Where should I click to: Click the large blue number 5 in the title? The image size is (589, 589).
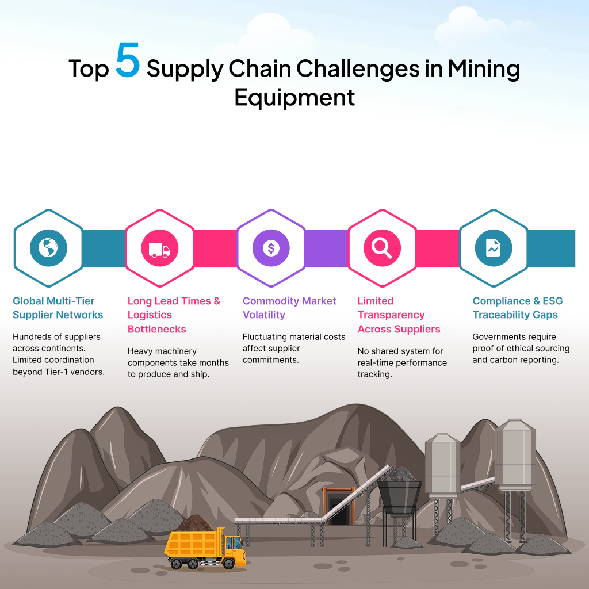tap(127, 62)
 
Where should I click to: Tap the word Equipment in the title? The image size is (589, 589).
tap(294, 97)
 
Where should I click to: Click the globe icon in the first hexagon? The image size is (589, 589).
tap(48, 248)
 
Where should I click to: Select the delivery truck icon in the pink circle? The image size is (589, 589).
tap(159, 248)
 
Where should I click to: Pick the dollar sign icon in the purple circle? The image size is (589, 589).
tap(271, 248)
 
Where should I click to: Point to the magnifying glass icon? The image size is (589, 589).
tap(382, 248)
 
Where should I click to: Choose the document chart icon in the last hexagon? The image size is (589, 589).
tap(493, 248)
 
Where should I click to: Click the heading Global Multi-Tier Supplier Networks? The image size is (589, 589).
tap(58, 308)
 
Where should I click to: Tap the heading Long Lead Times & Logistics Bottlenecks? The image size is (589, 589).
tap(174, 315)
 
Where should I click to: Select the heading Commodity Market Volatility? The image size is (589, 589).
tap(289, 308)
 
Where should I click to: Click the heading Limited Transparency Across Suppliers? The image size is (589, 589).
tap(399, 315)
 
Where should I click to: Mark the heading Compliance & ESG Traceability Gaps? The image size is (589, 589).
tap(518, 308)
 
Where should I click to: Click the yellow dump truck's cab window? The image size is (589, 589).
tap(234, 542)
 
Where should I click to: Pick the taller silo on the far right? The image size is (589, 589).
tap(515, 454)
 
